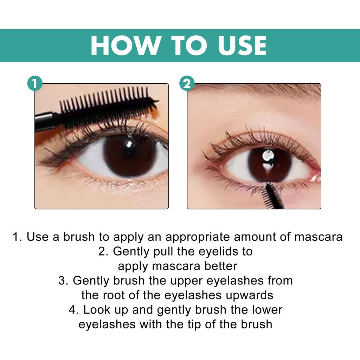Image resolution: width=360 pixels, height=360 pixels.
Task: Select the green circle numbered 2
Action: click(187, 84)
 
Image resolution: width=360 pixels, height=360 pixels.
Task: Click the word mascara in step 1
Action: click(318, 237)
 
